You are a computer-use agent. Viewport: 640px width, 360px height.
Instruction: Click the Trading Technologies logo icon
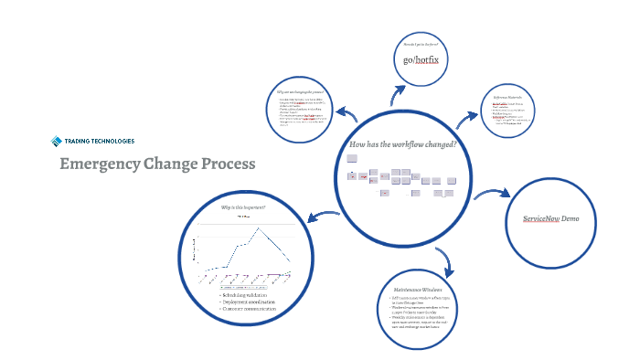[57, 141]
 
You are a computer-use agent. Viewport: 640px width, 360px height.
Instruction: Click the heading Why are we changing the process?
[300, 92]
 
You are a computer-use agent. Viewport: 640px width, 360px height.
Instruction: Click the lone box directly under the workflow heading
[352, 158]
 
